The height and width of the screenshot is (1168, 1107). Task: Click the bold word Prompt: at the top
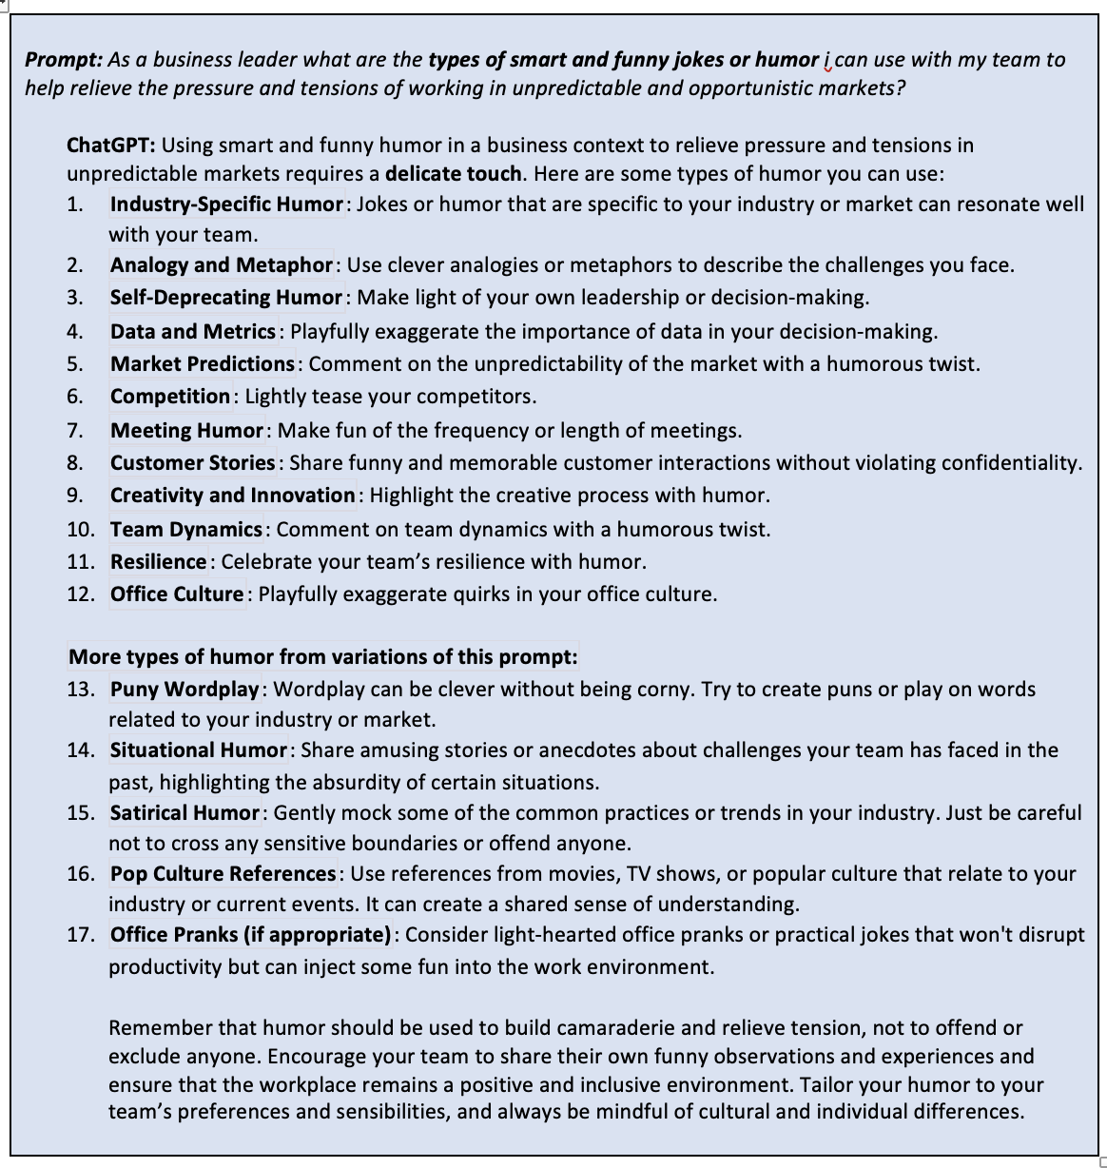pyautogui.click(x=63, y=60)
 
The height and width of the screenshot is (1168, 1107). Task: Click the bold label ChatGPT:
pyautogui.click(x=110, y=146)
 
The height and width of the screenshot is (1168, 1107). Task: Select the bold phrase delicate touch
pyautogui.click(x=453, y=174)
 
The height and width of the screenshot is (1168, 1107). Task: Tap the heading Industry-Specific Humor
pyautogui.click(x=225, y=204)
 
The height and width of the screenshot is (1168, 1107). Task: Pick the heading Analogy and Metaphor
pyautogui.click(x=221, y=265)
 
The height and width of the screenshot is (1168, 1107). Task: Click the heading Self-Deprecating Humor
pyautogui.click(x=225, y=298)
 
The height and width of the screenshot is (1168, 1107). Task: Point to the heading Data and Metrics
pyautogui.click(x=192, y=332)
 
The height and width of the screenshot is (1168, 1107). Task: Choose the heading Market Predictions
pyautogui.click(x=202, y=364)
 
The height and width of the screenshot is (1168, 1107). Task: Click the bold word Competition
pyautogui.click(x=169, y=397)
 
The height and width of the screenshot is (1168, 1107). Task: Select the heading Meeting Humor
pyautogui.click(x=186, y=431)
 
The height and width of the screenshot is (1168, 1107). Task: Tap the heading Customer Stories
pyautogui.click(x=192, y=463)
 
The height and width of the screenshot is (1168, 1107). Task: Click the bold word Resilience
pyautogui.click(x=158, y=562)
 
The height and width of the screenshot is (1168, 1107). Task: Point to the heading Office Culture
pyautogui.click(x=177, y=594)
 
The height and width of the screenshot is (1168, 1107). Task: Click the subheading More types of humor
pyautogui.click(x=322, y=657)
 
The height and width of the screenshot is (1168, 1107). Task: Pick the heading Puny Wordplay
pyautogui.click(x=184, y=690)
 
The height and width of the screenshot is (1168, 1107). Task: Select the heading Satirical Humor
pyautogui.click(x=184, y=813)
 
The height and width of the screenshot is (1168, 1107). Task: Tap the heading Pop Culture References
pyautogui.click(x=223, y=874)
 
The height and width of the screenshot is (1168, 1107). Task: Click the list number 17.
pyautogui.click(x=80, y=935)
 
